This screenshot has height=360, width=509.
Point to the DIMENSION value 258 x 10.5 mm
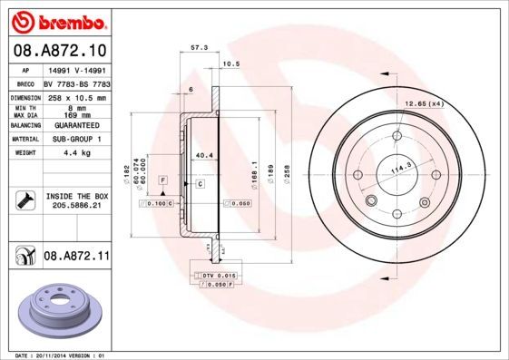[x=76, y=96]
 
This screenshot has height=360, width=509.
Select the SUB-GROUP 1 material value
[x=76, y=139]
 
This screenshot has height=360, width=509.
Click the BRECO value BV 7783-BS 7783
[x=76, y=83]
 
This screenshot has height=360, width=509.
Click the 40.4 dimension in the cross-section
[x=204, y=156]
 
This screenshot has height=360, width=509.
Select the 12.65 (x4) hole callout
[x=425, y=104]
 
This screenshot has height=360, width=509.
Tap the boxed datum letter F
[x=162, y=182]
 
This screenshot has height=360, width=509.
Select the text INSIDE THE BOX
[x=76, y=195]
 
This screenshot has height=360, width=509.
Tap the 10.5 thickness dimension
[x=230, y=63]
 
